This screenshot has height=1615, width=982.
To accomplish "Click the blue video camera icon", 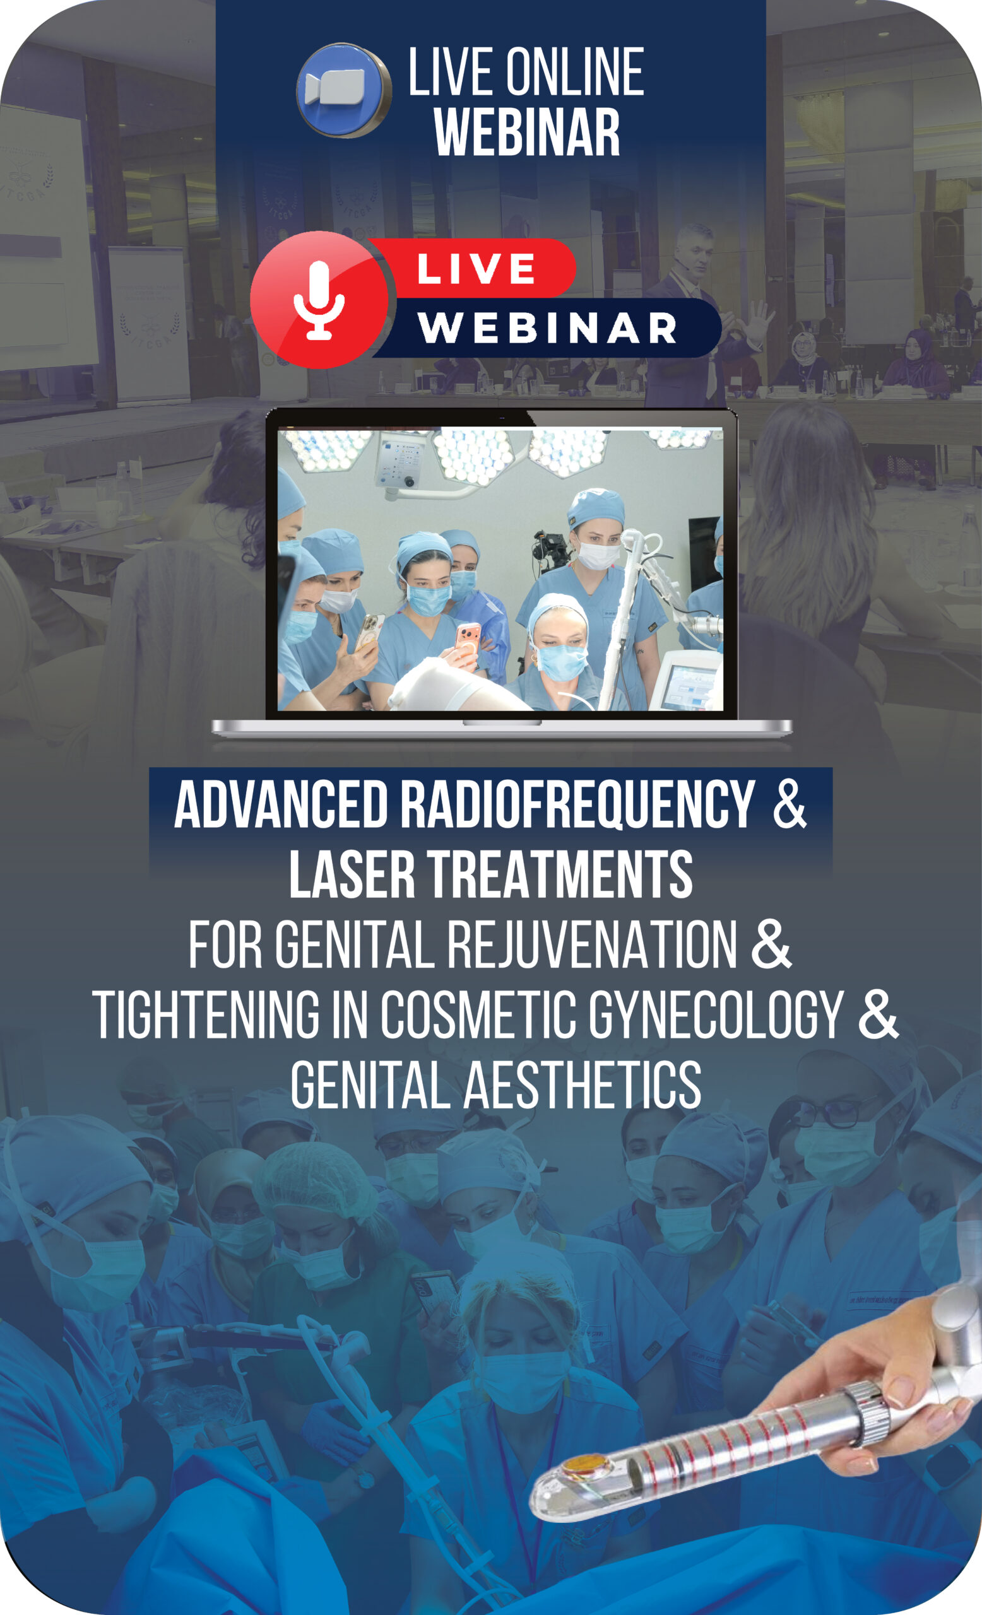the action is pos(343,90).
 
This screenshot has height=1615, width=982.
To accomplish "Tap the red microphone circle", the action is pos(319,300).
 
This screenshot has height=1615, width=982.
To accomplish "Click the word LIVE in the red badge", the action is pos(476,269).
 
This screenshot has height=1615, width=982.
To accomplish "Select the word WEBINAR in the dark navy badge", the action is pos(547,327).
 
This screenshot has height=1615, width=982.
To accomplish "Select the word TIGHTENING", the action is pos(206,1014).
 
